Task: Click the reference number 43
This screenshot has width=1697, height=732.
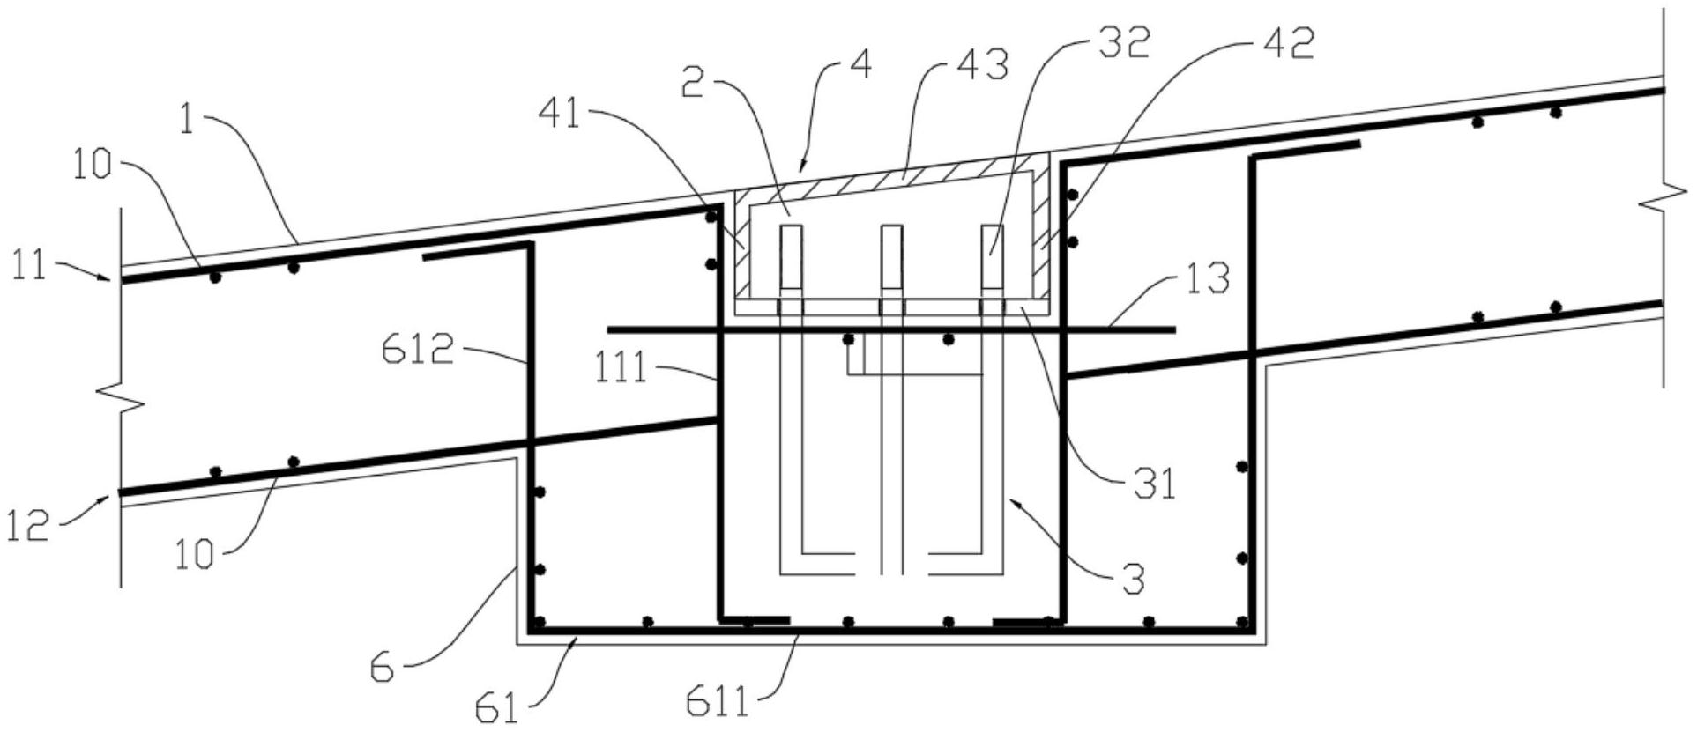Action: point(984,67)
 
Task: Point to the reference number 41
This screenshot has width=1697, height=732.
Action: point(560,115)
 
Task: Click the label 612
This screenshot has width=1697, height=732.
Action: point(418,351)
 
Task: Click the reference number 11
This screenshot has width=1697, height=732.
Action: point(28,265)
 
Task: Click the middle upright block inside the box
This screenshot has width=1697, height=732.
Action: point(891,257)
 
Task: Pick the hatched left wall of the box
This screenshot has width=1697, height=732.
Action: point(741,247)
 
